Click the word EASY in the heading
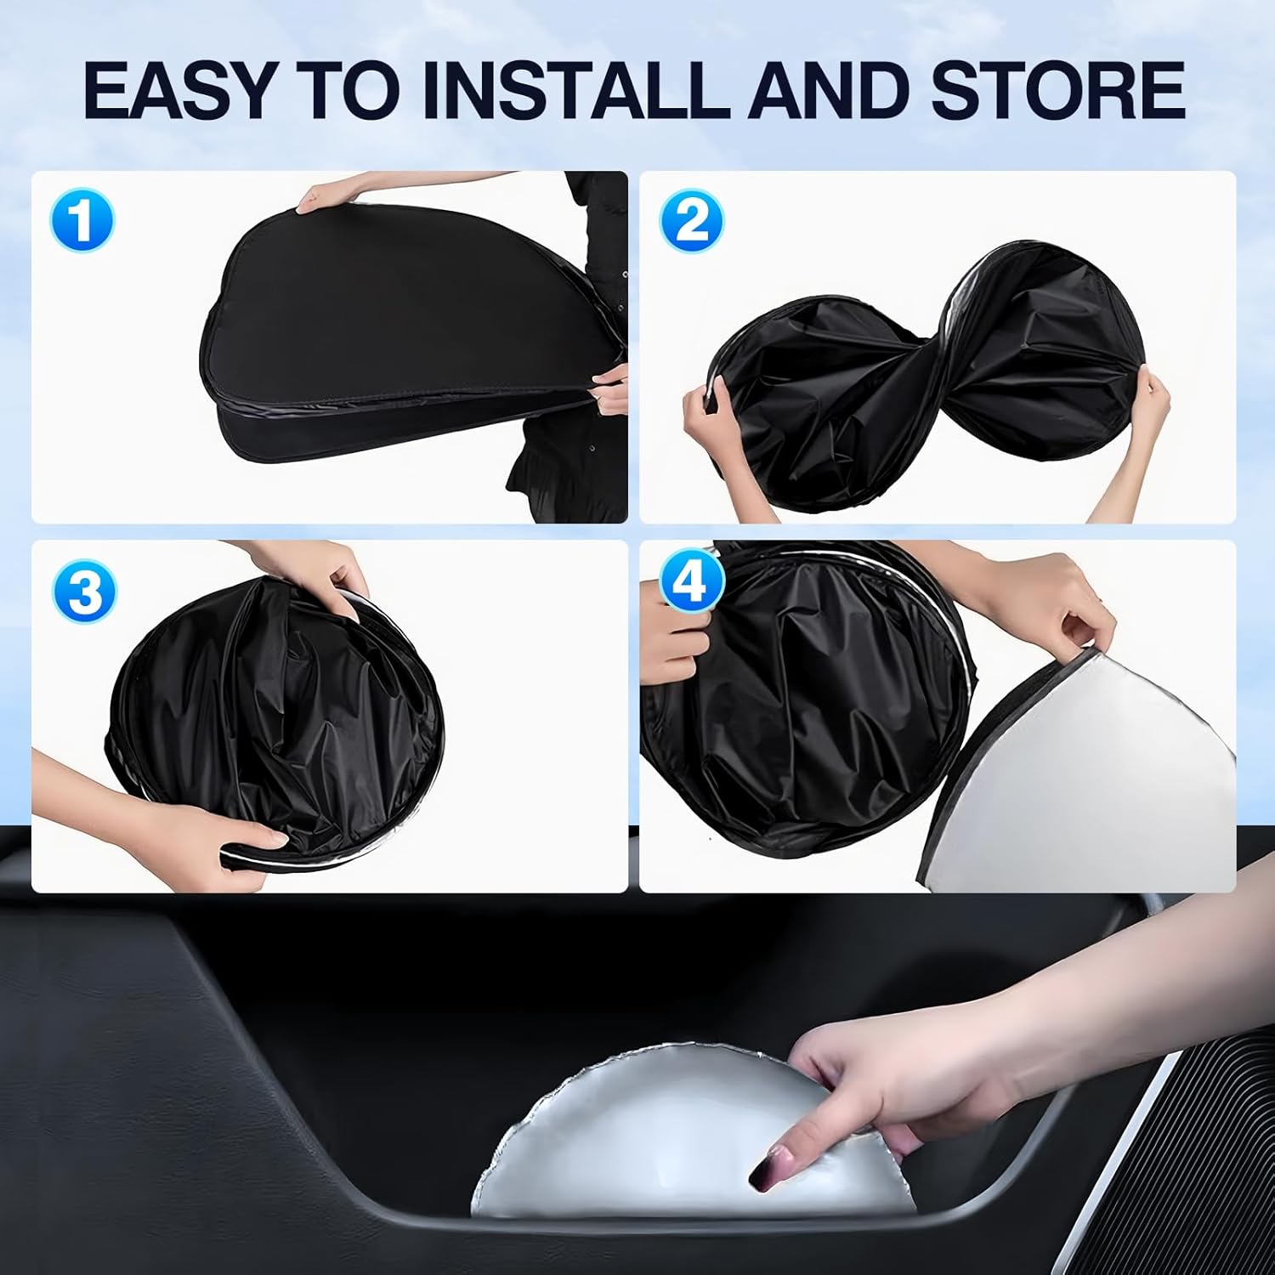pyautogui.click(x=181, y=90)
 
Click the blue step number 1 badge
pyautogui.click(x=82, y=221)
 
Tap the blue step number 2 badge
pyautogui.click(x=692, y=221)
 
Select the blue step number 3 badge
pyautogui.click(x=84, y=592)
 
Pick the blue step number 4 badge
pyautogui.click(x=692, y=582)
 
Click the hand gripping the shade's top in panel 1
pyautogui.click(x=327, y=198)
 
